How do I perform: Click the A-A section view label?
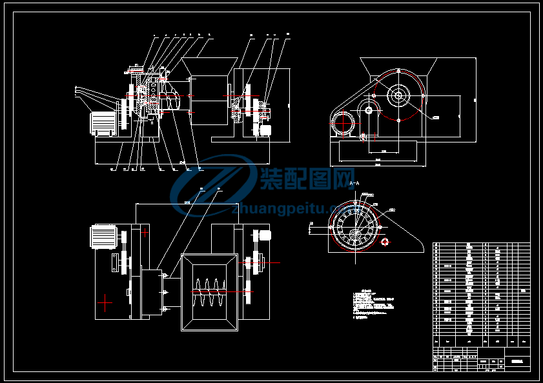pos(353,184)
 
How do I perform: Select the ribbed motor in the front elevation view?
pos(103,123)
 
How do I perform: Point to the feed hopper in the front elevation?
pos(208,66)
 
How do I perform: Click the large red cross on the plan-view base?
pos(105,301)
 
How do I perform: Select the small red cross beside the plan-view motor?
pos(145,231)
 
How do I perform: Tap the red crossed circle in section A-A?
pos(385,242)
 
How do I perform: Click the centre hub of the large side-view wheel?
pos(398,97)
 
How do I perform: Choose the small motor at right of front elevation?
pos(264,131)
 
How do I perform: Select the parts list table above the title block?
pos(481,294)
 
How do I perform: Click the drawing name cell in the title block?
pos(517,360)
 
